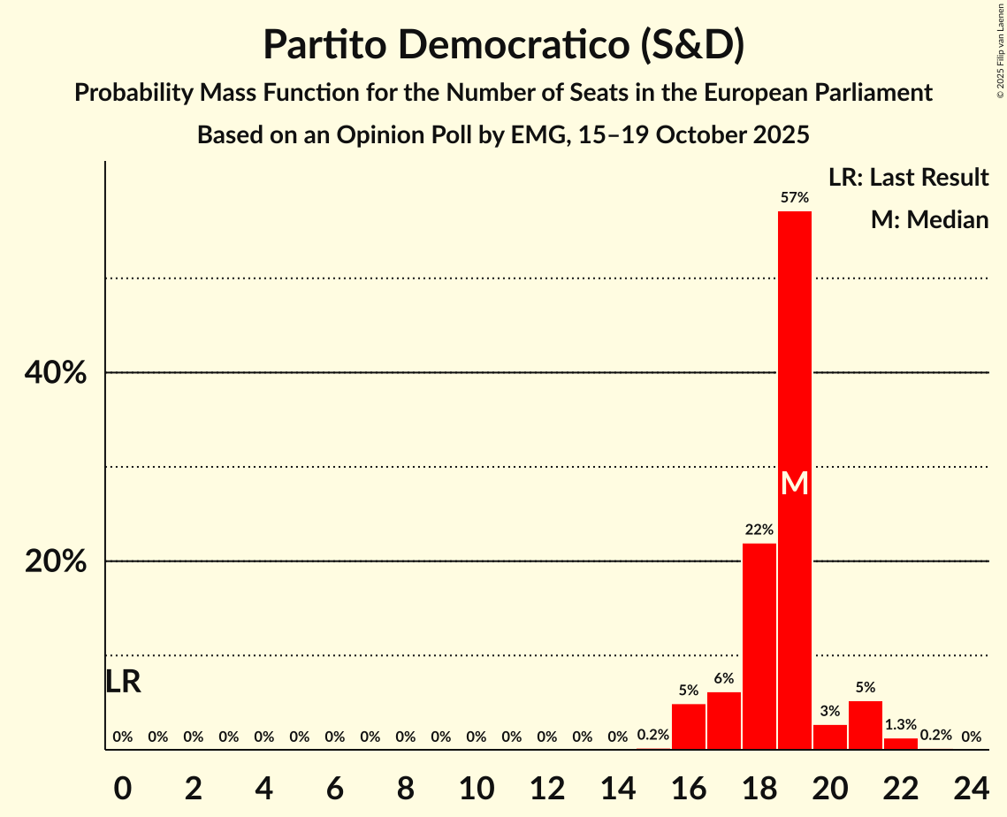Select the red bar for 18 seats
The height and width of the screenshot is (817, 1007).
coord(759,646)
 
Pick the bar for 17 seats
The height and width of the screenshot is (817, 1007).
coord(724,721)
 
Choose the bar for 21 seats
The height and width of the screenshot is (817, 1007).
coord(865,725)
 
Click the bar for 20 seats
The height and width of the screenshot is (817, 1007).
coord(829,737)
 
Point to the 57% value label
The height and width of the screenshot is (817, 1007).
coord(794,198)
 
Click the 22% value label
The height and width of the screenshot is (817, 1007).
coord(759,531)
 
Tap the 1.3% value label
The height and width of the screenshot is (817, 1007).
coord(900,725)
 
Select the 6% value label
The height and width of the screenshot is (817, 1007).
coord(724,679)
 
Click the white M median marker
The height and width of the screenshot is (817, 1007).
coord(794,483)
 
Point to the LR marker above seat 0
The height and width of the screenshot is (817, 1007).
coord(123,682)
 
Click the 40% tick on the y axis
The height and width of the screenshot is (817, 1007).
coord(56,373)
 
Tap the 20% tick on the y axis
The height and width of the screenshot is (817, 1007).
coord(56,561)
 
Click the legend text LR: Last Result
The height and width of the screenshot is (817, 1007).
coord(908,178)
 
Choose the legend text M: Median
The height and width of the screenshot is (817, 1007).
coord(929,219)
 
